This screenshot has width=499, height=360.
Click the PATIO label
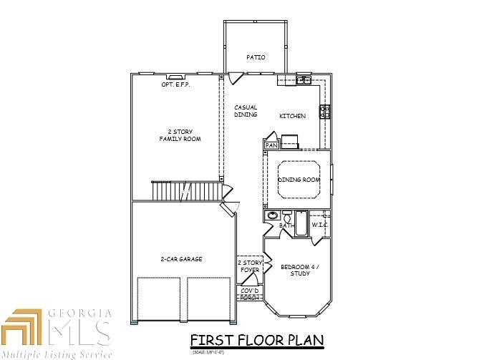click(256, 57)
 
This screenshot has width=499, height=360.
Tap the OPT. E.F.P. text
click(175, 84)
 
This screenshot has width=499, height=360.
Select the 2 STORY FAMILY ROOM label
click(179, 135)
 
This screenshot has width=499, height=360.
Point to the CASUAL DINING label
click(246, 111)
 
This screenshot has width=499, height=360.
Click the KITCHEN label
click(292, 116)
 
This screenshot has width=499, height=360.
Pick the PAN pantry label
click(271, 145)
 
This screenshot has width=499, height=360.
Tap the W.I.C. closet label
click(319, 225)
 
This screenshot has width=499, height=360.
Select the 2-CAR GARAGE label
click(181, 258)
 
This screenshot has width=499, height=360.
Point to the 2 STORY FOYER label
click(251, 267)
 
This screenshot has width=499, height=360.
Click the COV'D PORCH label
click(249, 293)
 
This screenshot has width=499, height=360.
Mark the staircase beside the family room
click(185, 191)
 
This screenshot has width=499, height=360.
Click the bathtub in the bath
click(301, 224)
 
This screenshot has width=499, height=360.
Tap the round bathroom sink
click(272, 215)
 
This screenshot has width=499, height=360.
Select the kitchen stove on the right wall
click(324, 112)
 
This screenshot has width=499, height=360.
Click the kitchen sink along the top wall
click(304, 80)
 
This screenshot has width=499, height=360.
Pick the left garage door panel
click(158, 298)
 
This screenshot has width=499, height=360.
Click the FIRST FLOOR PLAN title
click(256, 340)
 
